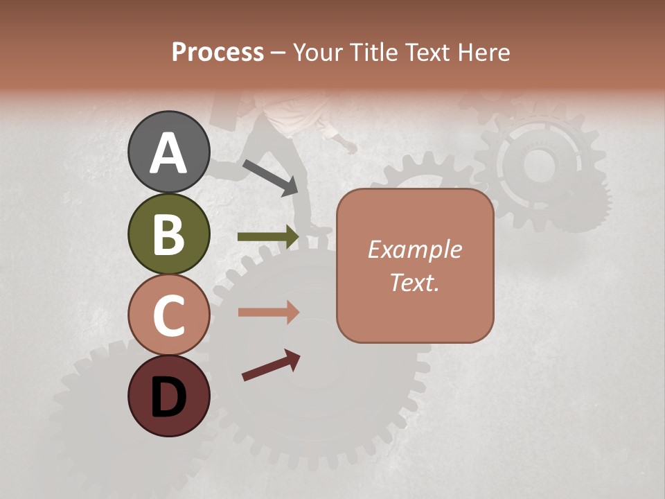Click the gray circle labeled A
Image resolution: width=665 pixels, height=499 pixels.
click(x=168, y=152)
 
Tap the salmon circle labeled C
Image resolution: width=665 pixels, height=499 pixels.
click(x=168, y=315)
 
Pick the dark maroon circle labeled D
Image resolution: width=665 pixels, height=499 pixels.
click(x=168, y=396)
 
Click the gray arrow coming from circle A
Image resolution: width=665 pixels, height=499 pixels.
click(x=271, y=177)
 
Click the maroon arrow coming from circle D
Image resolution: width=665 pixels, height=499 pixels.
click(x=271, y=365)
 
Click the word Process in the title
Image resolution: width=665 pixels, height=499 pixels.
click(x=218, y=53)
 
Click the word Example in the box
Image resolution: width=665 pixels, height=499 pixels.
click(x=414, y=249)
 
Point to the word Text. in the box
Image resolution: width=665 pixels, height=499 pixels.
click(x=414, y=283)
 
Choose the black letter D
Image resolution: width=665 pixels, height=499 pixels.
click(x=168, y=397)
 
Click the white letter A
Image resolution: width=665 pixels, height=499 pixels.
click(x=168, y=153)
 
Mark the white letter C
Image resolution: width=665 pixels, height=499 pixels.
click(x=168, y=315)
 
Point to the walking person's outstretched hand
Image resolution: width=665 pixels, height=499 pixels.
click(x=352, y=148)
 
